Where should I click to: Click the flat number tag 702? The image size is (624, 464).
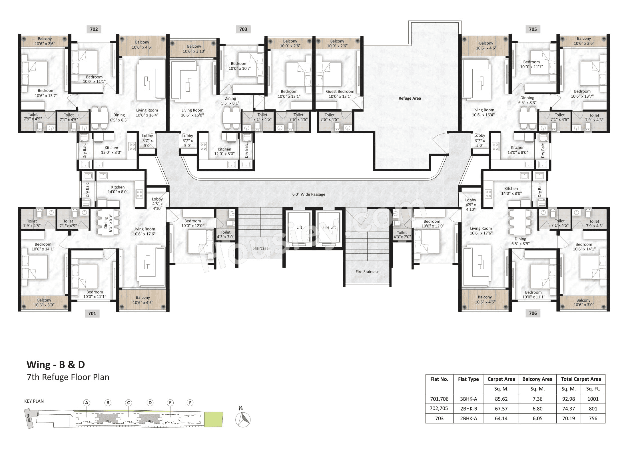point(94,29)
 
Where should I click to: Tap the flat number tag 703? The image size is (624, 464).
point(243,29)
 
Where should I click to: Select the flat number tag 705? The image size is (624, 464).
point(533,29)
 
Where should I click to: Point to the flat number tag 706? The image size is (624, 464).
point(533,313)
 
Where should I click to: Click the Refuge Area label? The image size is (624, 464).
point(410,98)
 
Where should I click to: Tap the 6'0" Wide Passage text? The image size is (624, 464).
point(308,194)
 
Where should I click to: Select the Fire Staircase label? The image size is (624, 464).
point(367,272)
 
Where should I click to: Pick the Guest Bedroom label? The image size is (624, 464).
point(340,92)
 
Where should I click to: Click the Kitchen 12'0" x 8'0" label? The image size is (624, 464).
point(224,151)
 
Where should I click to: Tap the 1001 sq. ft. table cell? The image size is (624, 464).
point(593,399)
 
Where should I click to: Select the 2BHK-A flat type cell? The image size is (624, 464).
point(468,418)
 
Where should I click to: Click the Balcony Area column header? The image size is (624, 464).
point(537,379)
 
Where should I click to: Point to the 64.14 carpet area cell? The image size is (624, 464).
point(501,418)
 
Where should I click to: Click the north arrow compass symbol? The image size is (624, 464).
point(243,419)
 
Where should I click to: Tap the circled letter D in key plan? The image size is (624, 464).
point(150,403)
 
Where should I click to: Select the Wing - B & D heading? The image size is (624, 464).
point(56,365)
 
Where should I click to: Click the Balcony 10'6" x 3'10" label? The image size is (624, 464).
point(194,49)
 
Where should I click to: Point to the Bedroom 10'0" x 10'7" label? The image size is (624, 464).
point(239,66)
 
